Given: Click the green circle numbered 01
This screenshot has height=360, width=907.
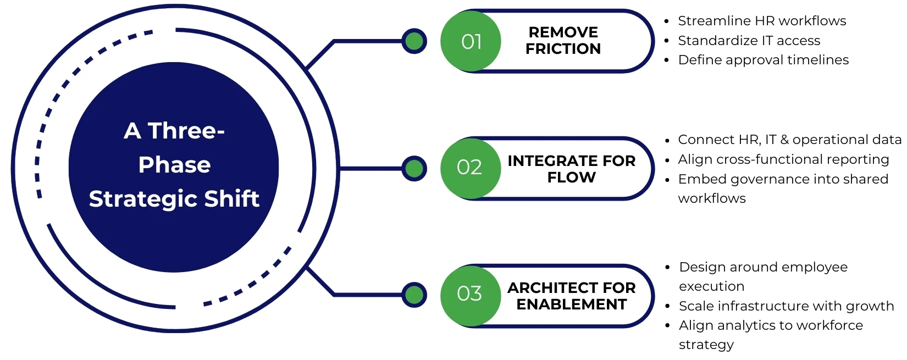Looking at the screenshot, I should coord(471,41).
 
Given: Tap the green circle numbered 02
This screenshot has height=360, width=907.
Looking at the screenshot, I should coord(470,168).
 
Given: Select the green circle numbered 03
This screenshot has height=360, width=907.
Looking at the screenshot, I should coord(470,294).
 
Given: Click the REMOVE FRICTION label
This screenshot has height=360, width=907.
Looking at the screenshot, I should coord(563,41).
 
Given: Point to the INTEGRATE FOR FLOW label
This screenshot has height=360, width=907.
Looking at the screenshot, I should coord(571,169).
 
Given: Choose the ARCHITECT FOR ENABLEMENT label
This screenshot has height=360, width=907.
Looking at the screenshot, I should coord(571,296).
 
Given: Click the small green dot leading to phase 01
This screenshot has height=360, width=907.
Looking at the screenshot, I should coord(414,41).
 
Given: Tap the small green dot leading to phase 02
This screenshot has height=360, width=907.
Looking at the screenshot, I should coord(414,168).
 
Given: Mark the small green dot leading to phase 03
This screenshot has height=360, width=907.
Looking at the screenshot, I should coord(414,295).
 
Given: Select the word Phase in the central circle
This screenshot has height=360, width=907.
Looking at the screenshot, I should coord(174,165).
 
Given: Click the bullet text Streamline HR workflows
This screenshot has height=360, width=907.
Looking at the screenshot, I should coord(762,21).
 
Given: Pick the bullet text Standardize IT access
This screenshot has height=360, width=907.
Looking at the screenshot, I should coord(749,41).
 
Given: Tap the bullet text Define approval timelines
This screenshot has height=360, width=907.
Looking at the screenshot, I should coord(763,60).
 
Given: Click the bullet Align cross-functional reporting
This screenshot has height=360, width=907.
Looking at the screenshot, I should coord(783,159).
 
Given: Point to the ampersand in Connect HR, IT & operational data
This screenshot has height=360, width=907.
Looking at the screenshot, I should coord(784,140).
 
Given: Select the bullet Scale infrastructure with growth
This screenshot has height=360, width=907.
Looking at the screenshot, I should coord(786,306).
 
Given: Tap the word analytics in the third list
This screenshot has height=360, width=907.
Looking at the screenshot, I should coord(749,325).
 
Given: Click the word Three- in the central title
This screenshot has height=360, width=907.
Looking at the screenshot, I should coord(186,131).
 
